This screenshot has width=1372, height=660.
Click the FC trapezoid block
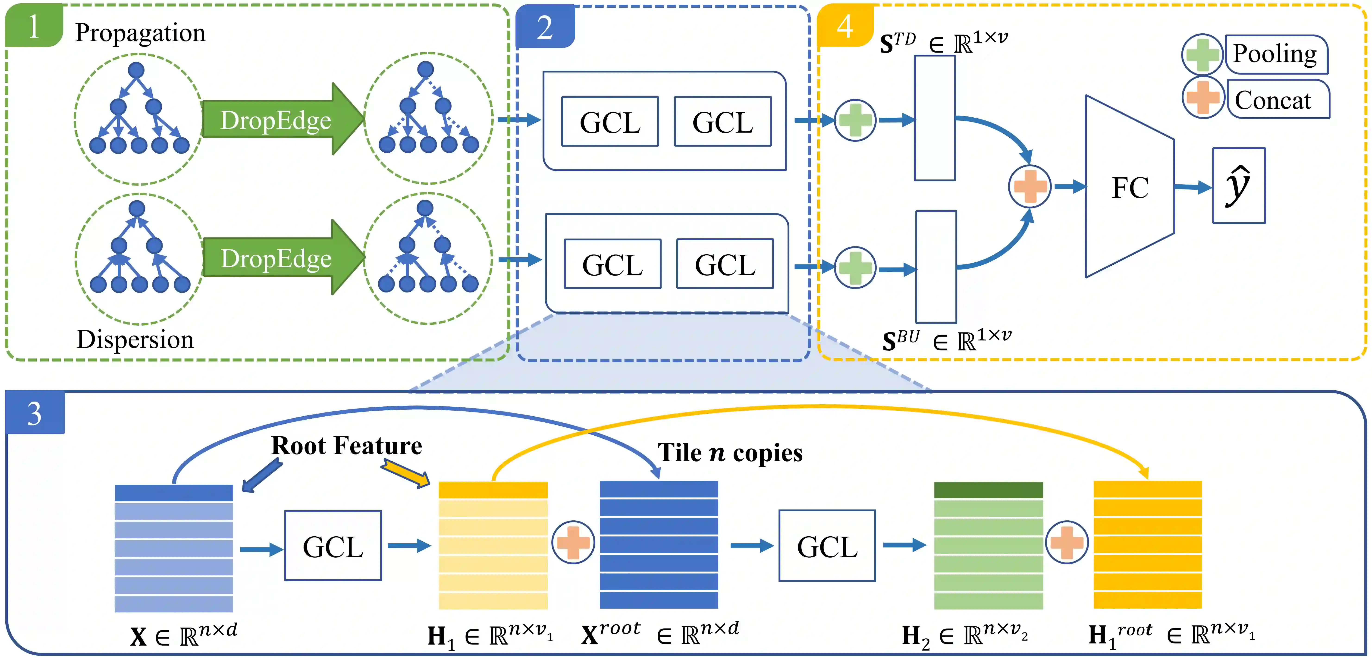pos(1129,186)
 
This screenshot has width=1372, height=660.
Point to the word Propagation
pos(140,33)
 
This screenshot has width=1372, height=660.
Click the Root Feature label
pos(346,445)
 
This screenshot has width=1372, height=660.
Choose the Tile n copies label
pos(730,453)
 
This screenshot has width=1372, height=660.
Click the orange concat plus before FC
pos(1030,186)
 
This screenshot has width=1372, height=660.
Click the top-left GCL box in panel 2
pos(610,121)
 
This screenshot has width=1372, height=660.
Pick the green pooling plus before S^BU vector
pos(855,267)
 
